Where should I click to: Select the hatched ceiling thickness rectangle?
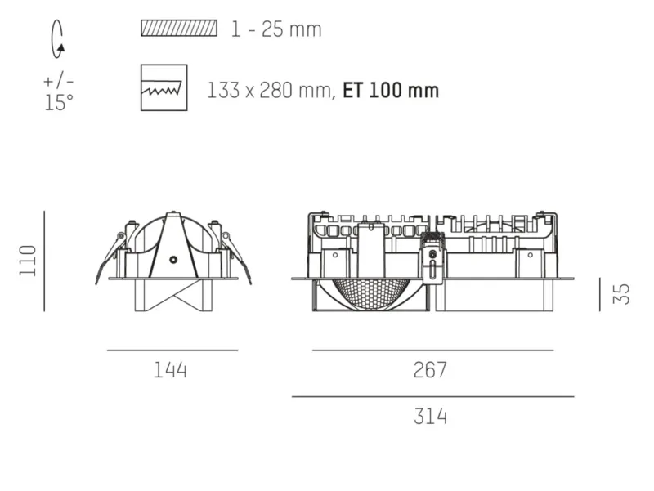tap(179, 28)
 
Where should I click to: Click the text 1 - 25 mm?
tap(276, 29)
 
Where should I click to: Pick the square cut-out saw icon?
tap(164, 87)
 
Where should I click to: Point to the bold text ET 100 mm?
tap(391, 91)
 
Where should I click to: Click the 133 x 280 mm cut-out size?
tap(271, 91)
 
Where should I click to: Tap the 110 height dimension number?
tap(29, 261)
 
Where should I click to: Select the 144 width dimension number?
tap(171, 370)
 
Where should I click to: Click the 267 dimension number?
tap(430, 370)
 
